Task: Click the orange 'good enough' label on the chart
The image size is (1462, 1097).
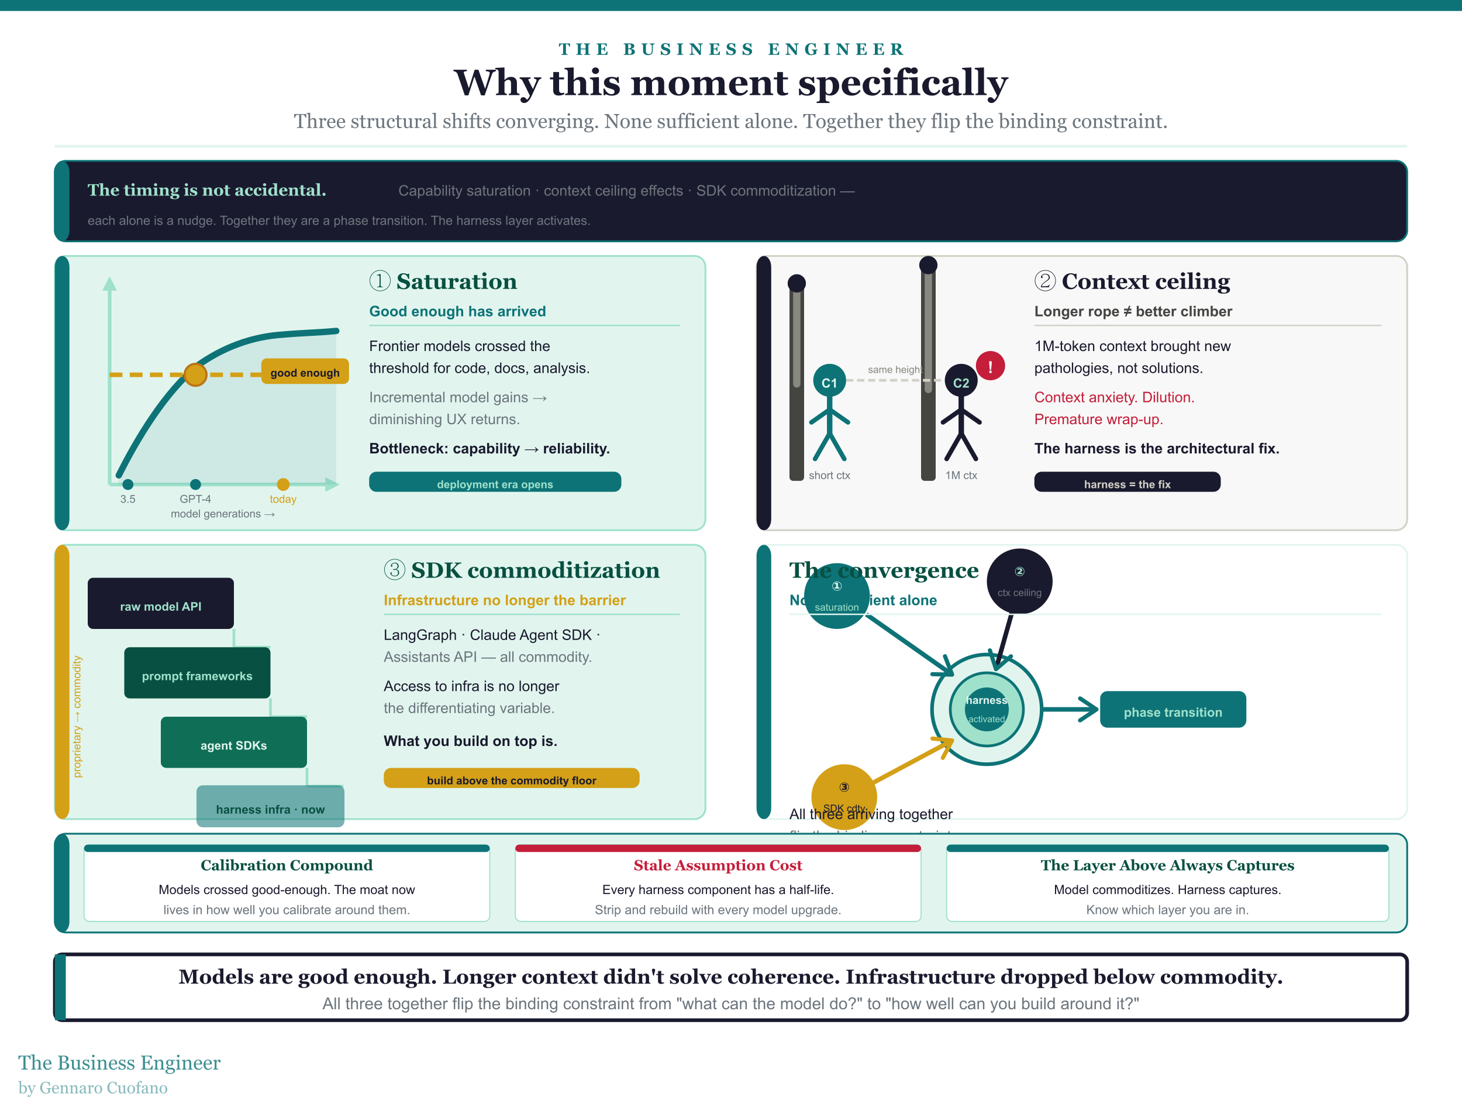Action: [305, 372]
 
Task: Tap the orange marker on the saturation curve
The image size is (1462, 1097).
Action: [195, 374]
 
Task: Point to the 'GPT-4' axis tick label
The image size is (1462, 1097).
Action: [195, 499]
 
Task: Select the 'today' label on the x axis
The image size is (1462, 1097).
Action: [283, 499]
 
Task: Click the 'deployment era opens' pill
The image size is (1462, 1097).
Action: [494, 483]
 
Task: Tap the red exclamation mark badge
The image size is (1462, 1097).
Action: [989, 366]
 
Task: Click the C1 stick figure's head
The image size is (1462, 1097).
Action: [829, 381]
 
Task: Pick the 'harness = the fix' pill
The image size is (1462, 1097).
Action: [1127, 483]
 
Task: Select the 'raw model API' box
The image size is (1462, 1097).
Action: [161, 604]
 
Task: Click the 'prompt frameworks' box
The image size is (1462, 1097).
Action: [197, 674]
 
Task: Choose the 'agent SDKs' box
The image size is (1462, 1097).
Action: [233, 743]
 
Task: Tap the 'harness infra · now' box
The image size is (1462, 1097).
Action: [270, 807]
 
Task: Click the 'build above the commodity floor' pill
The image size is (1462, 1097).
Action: [511, 779]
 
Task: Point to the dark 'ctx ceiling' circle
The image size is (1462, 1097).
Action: [1019, 581]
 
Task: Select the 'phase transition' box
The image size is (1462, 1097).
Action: [1173, 710]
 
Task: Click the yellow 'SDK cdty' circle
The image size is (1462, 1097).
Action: [844, 796]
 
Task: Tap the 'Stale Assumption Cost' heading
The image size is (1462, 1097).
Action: [718, 865]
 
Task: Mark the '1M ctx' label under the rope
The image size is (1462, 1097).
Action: [960, 476]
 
